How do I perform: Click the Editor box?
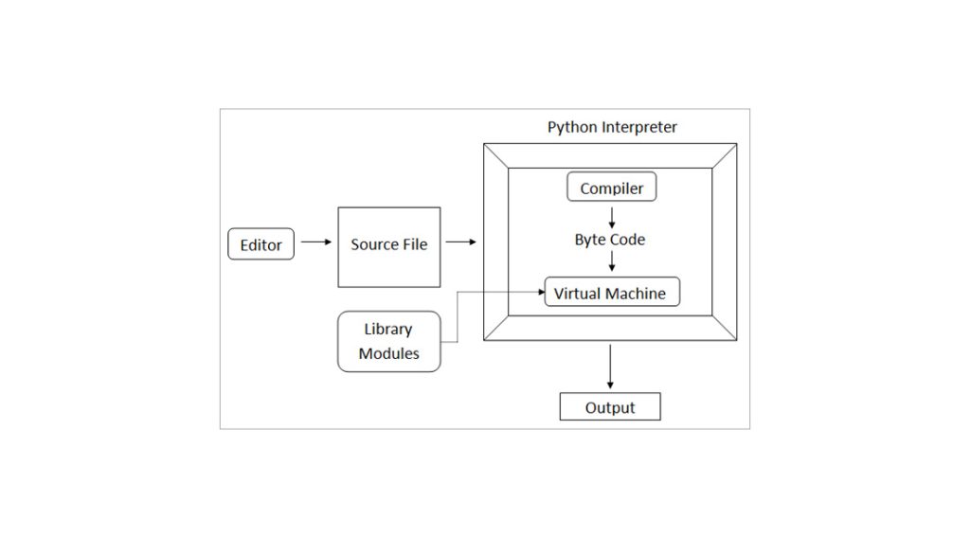coord(260,244)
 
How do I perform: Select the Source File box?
coord(388,246)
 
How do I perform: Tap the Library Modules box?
coord(388,342)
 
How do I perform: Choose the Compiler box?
coord(611,188)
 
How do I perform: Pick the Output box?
coord(609,408)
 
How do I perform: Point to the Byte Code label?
coord(609,240)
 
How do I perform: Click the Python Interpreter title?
coord(612,127)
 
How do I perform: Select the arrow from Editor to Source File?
coord(315,242)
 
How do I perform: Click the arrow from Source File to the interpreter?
coord(460,242)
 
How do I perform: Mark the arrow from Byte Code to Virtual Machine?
coord(610,262)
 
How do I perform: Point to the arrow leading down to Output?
coord(610,367)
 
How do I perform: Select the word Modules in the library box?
coord(388,355)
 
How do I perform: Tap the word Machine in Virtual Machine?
coord(636,294)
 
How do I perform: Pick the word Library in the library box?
coord(388,330)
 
